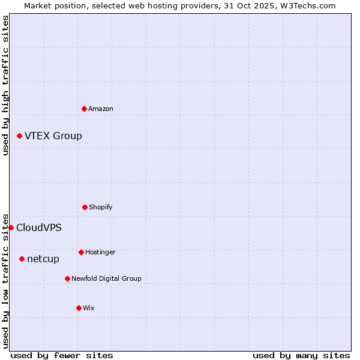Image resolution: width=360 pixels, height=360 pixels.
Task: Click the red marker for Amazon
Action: point(84,109)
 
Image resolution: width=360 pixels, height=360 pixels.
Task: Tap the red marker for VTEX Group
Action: point(19,136)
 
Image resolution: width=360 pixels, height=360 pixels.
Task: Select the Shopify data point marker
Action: point(85,207)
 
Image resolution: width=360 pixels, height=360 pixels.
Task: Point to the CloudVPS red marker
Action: point(11,227)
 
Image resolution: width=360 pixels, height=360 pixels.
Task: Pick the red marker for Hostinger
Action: point(81,252)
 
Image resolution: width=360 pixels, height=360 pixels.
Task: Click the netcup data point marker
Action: point(22,259)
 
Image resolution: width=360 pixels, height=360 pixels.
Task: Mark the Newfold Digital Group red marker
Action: point(67,278)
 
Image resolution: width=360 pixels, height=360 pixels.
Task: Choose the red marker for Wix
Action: point(79,308)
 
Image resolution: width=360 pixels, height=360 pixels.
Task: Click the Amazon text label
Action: point(101,109)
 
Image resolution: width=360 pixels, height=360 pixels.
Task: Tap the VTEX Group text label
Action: point(53,136)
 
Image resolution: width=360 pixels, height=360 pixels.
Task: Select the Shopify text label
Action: point(101,207)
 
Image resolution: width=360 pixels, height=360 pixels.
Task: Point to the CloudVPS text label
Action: point(39,228)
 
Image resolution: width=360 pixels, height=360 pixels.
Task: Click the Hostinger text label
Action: point(100,252)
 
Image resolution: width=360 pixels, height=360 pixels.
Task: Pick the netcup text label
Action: point(43,259)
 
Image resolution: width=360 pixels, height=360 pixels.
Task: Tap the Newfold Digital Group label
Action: point(106,278)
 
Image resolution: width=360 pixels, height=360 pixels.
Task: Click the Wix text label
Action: point(89,308)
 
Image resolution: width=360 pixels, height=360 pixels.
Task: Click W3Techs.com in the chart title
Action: point(305,5)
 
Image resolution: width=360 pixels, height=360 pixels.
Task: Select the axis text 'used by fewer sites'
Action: point(62,355)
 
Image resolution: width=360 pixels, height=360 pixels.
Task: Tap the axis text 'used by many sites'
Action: point(301,355)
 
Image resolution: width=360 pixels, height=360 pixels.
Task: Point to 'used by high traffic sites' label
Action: point(5,85)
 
